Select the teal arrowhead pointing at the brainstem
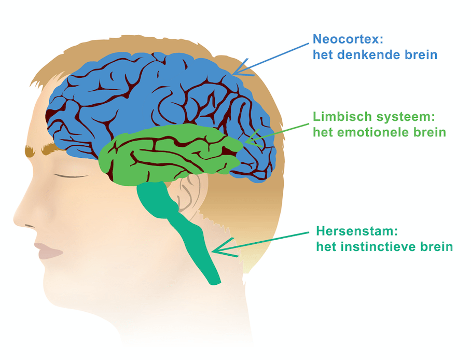(217, 250)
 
